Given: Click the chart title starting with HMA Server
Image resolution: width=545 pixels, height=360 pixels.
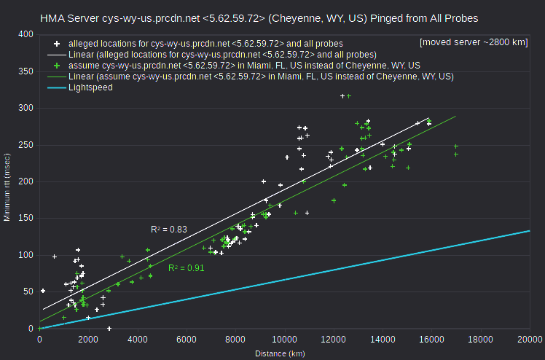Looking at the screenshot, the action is pyautogui.click(x=259, y=18).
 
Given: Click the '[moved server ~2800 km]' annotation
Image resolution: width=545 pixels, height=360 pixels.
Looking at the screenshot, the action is pyautogui.click(x=474, y=42).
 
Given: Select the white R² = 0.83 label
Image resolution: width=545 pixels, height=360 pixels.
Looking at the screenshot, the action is pyautogui.click(x=169, y=230).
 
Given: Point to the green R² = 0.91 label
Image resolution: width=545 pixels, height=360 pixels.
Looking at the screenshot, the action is pyautogui.click(x=187, y=268).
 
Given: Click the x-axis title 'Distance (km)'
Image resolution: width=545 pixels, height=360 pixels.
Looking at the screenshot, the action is pyautogui.click(x=280, y=353).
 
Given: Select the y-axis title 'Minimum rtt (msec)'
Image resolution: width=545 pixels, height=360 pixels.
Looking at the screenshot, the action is pyautogui.click(x=7, y=187).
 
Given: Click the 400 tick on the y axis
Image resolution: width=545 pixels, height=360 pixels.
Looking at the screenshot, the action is pyautogui.click(x=26, y=34).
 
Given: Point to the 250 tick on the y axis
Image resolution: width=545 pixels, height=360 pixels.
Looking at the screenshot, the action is pyautogui.click(x=26, y=145).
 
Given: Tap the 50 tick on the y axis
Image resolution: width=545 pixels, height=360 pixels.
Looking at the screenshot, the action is pyautogui.click(x=28, y=291).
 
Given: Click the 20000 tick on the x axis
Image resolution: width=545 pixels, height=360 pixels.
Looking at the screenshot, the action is pyautogui.click(x=530, y=340).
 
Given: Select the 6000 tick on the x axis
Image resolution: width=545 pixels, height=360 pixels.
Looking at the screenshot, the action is pyautogui.click(x=187, y=340).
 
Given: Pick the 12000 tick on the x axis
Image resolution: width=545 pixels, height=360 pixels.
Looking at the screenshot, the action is pyautogui.click(x=334, y=340).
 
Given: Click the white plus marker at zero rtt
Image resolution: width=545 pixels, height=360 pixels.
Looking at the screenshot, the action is pyautogui.click(x=109, y=329).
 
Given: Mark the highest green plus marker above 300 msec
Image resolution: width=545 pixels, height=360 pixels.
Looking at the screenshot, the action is pyautogui.click(x=349, y=96).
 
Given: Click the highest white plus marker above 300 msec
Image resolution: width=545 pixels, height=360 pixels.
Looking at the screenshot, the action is pyautogui.click(x=342, y=96).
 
